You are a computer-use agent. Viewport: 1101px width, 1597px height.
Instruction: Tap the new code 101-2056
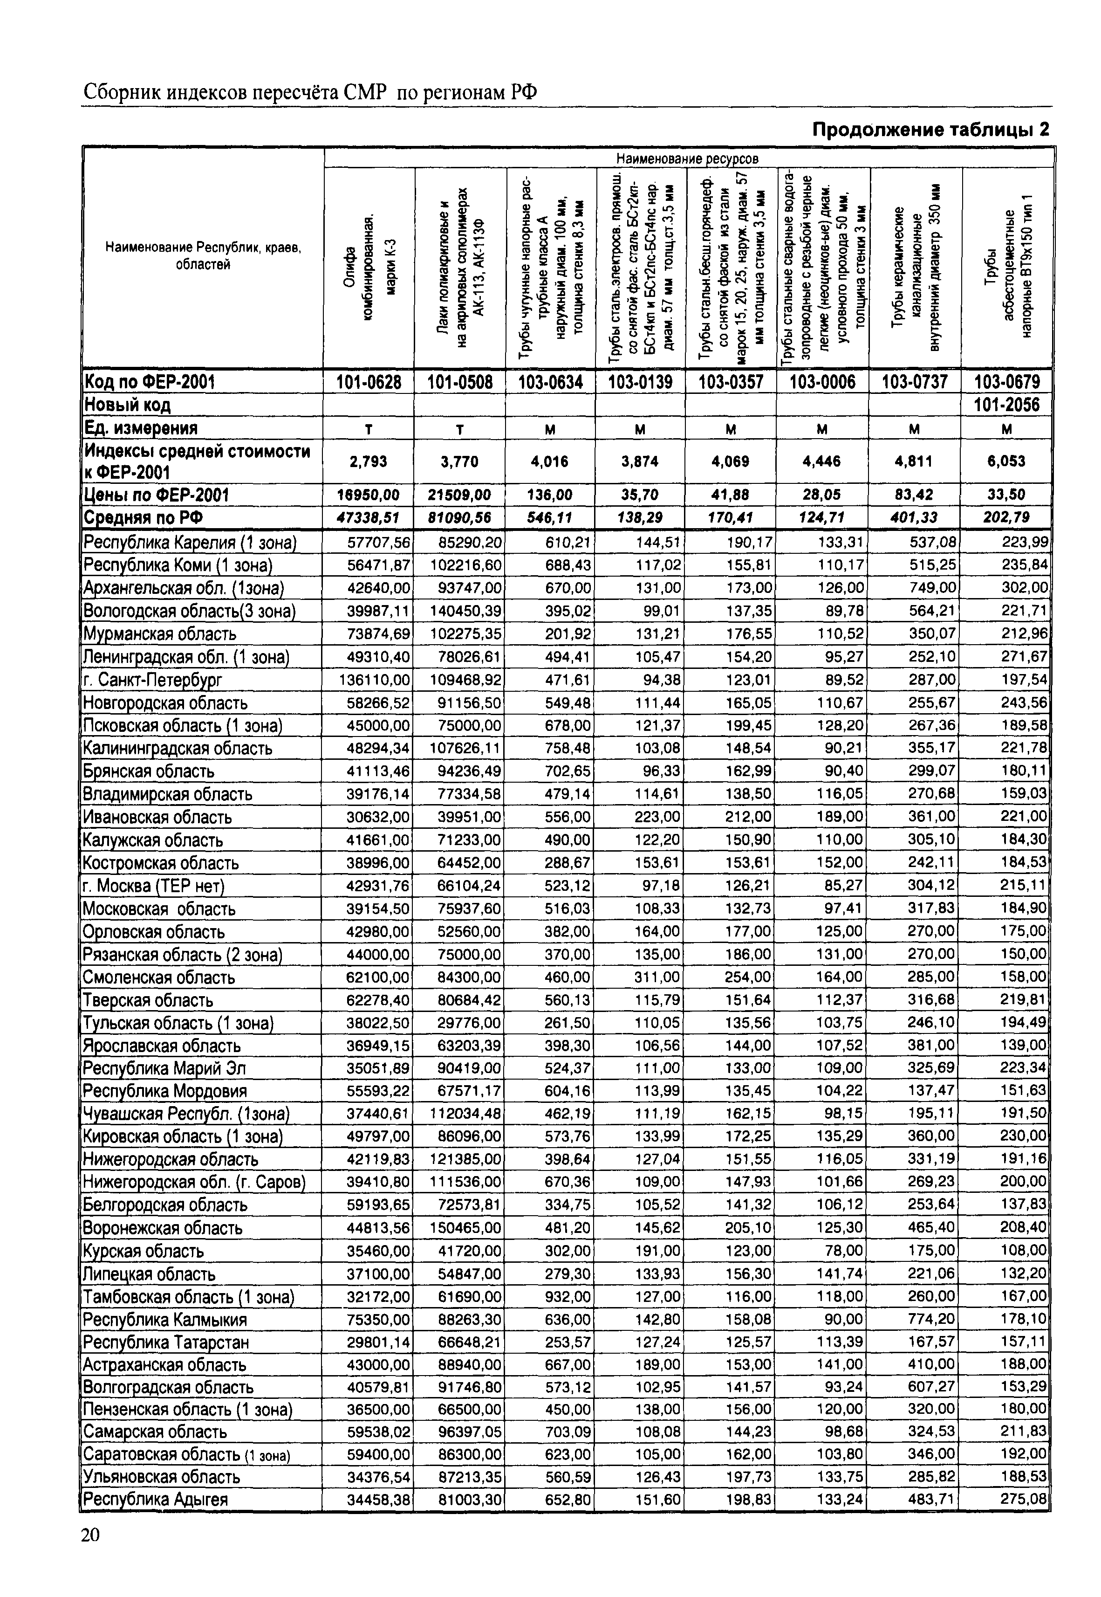coord(1006,405)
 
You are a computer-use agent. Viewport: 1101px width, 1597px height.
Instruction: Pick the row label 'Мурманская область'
coord(159,633)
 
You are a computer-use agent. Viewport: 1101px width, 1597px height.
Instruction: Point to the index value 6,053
coord(1006,461)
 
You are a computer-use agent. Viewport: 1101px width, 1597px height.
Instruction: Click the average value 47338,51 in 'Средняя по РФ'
coord(369,517)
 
